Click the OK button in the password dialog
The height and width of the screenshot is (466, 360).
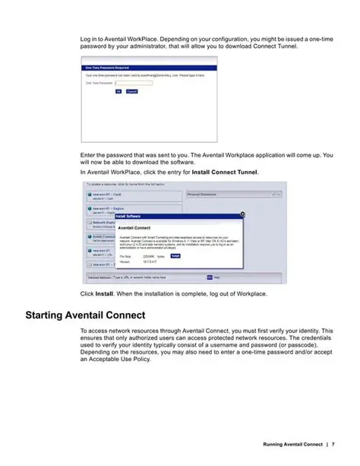[118, 90]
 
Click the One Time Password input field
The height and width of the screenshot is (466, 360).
[134, 83]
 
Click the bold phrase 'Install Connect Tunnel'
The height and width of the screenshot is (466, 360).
[225, 173]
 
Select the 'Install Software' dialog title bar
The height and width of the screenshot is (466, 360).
[137, 216]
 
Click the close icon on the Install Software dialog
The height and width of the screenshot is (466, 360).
[239, 216]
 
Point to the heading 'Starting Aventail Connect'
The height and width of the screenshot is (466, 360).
[85, 315]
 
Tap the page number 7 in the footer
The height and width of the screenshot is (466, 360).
[333, 444]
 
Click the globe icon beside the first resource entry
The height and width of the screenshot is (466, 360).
[90, 195]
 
